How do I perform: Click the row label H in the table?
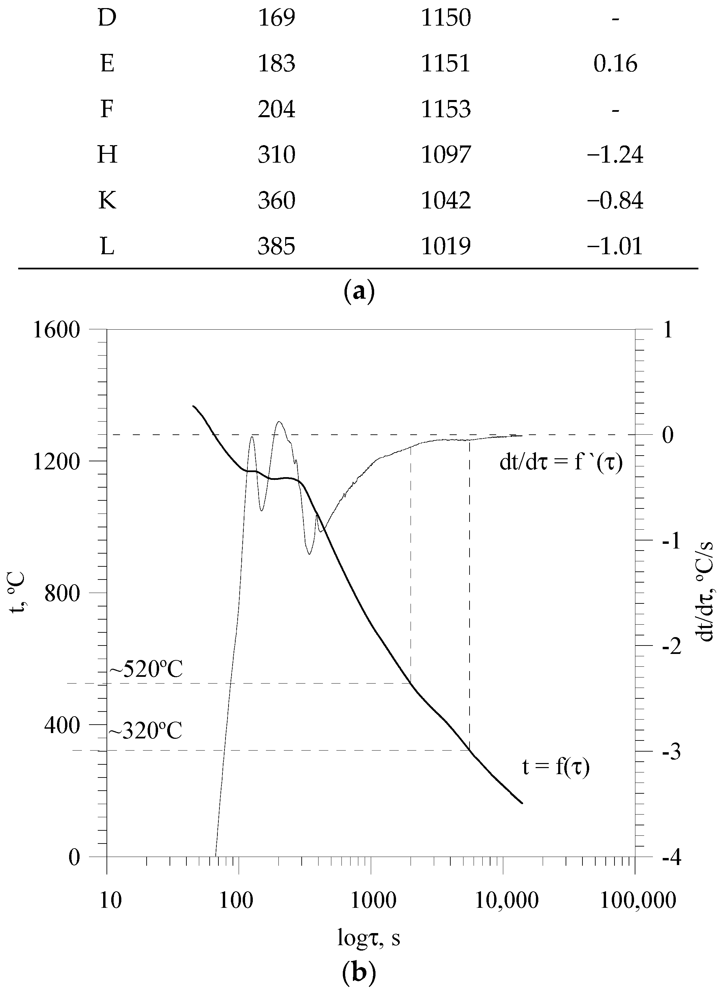click(107, 155)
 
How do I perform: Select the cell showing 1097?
click(446, 155)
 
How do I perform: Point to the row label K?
click(107, 200)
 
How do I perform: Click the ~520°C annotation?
click(145, 669)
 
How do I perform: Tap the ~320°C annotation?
click(145, 730)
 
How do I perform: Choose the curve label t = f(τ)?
click(556, 767)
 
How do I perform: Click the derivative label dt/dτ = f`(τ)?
click(561, 462)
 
